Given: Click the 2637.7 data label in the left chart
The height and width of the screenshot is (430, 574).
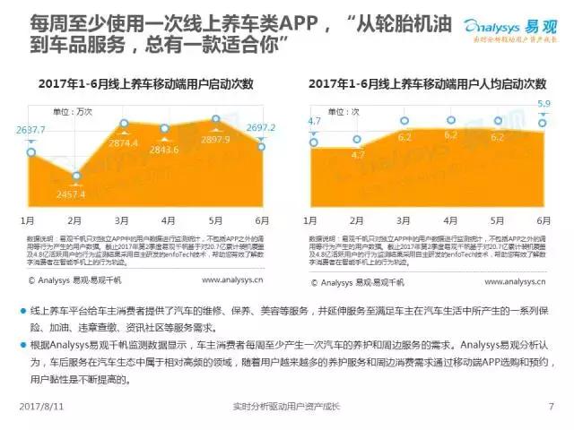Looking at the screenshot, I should click(30, 130).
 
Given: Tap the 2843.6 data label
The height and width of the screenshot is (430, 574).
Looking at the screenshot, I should click(164, 149).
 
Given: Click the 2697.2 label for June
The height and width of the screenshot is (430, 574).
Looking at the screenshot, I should click(260, 127).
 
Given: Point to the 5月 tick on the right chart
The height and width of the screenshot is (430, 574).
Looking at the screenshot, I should click(496, 219).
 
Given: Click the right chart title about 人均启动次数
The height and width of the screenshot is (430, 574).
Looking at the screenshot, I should click(428, 84).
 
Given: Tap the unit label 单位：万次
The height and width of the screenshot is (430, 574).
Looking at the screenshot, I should click(72, 112).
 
